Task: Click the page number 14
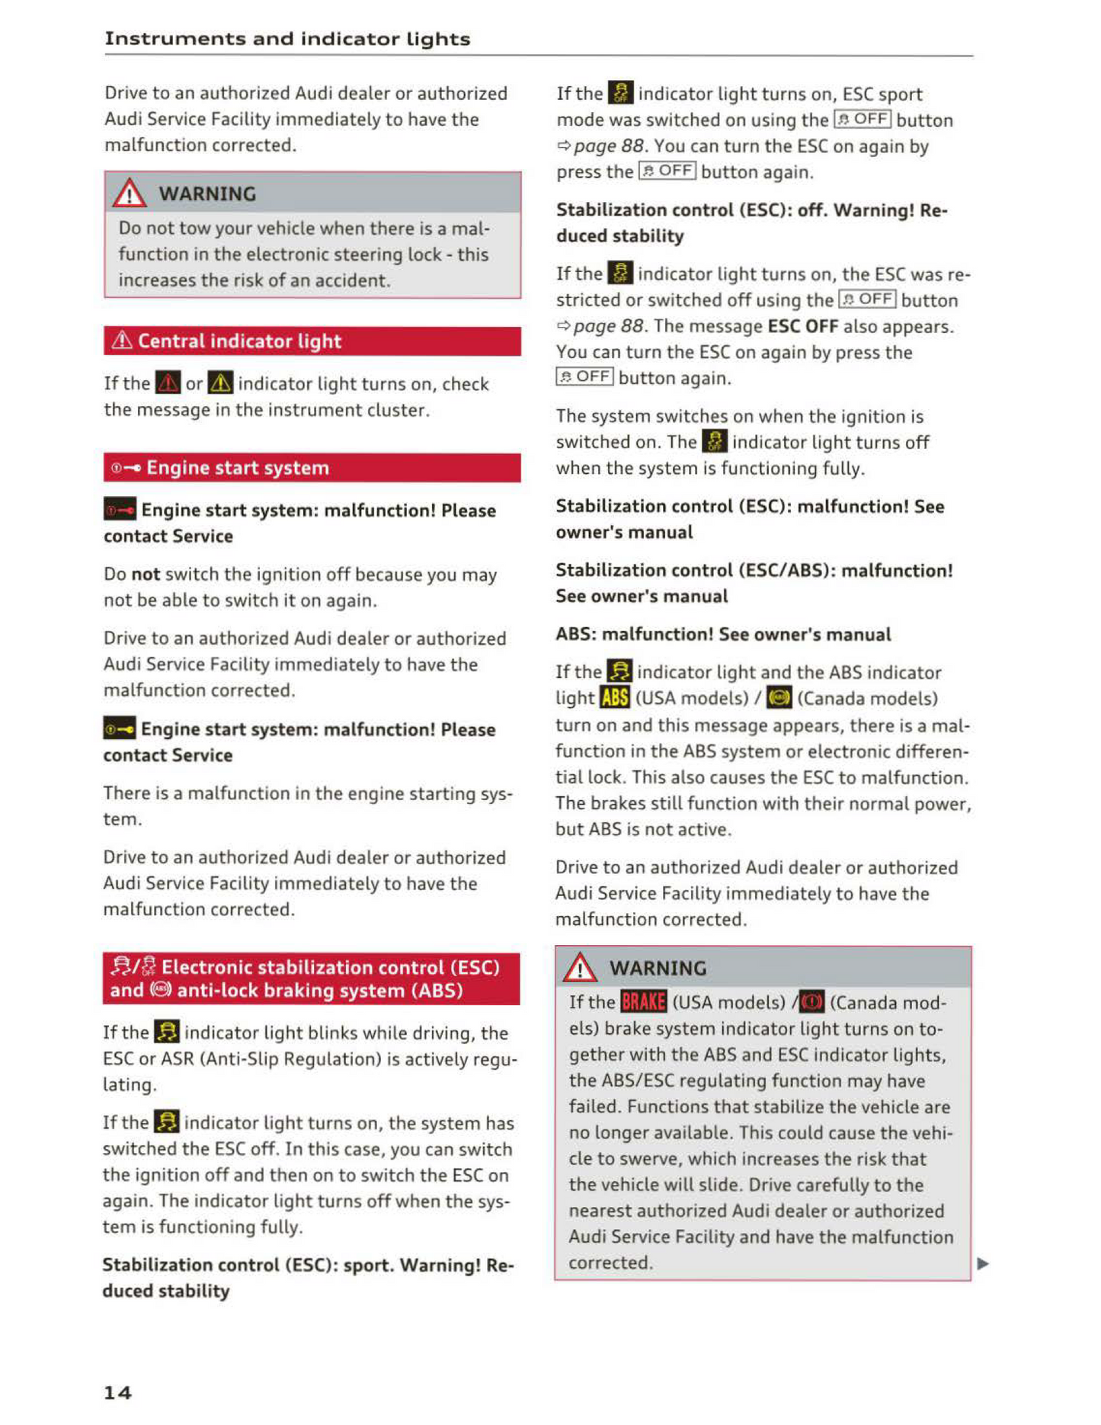[117, 1392]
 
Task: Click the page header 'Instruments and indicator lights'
[287, 39]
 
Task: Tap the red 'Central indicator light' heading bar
[312, 341]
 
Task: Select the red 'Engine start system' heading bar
[312, 468]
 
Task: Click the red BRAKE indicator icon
[643, 1001]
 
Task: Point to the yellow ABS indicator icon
[615, 698]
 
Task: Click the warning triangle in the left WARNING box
[130, 194]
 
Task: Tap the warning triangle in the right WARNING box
[580, 968]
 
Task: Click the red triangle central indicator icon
[168, 383]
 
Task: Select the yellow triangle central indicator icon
[220, 383]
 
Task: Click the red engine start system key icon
[120, 510]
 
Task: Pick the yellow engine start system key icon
[120, 729]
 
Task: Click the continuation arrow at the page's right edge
[983, 1263]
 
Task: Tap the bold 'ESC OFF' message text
[802, 326]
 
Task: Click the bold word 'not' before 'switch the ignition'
[146, 574]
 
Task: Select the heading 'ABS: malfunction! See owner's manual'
[723, 634]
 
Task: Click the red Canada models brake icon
[811, 1001]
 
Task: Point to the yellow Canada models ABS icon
[779, 698]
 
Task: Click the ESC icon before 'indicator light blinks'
[167, 1033]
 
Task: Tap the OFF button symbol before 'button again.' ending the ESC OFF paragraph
[584, 377]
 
